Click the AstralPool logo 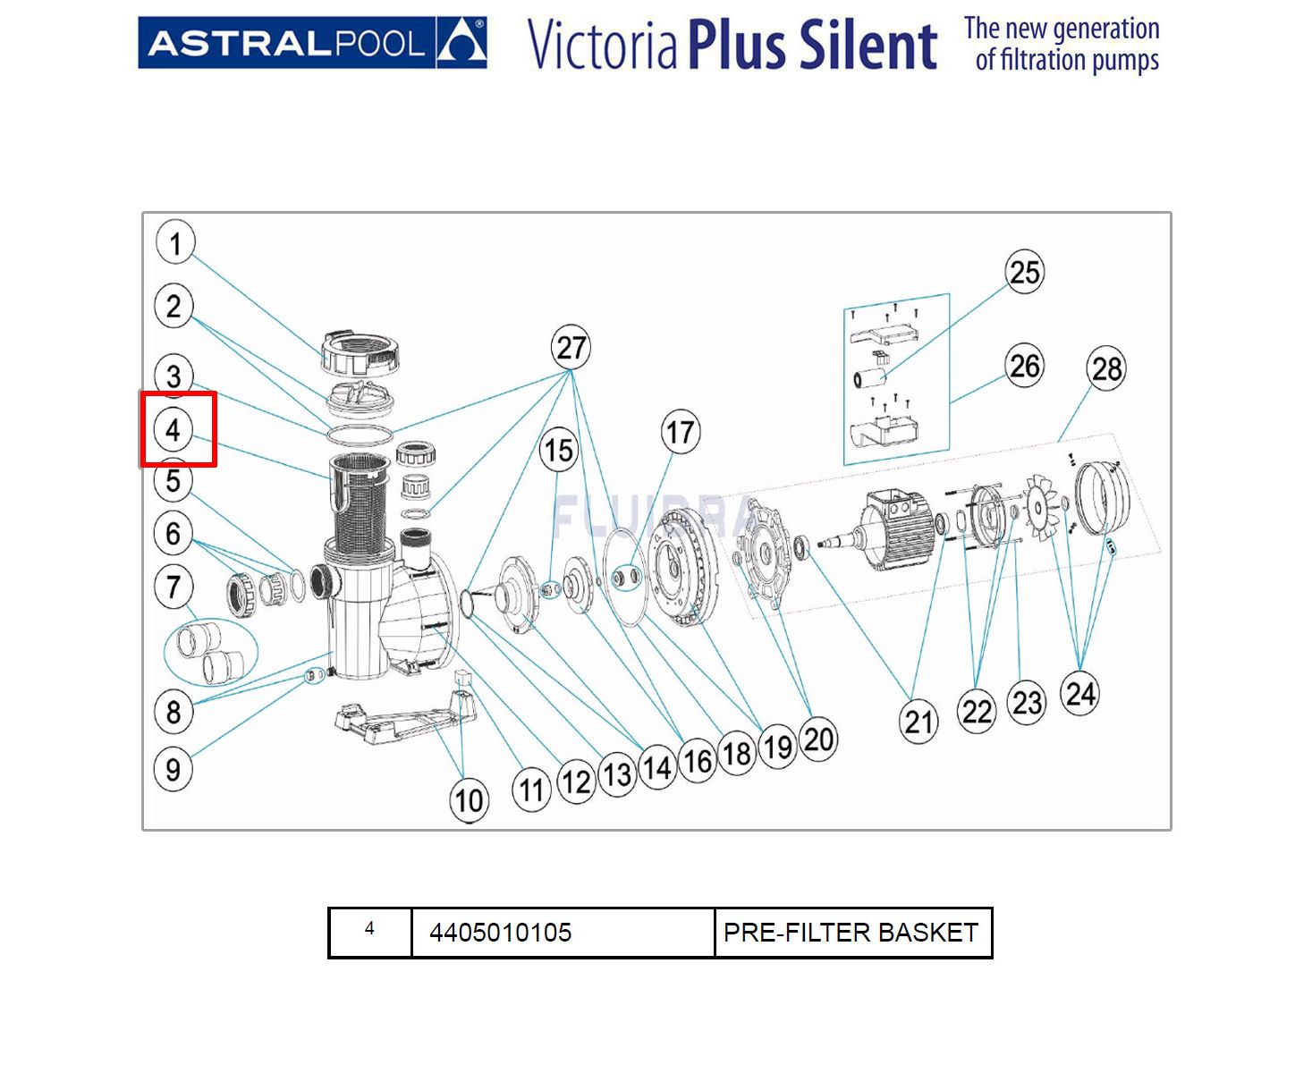pyautogui.click(x=312, y=42)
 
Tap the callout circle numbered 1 pyautogui.click(x=175, y=242)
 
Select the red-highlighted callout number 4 pyautogui.click(x=174, y=430)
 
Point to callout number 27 pyautogui.click(x=571, y=348)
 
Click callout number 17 pyautogui.click(x=680, y=433)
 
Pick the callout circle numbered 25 pyautogui.click(x=1024, y=272)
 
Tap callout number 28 pyautogui.click(x=1106, y=368)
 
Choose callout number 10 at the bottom pyautogui.click(x=470, y=800)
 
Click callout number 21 pyautogui.click(x=918, y=722)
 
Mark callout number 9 pyautogui.click(x=174, y=769)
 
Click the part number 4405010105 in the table pyautogui.click(x=500, y=933)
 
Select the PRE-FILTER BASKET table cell pyautogui.click(x=851, y=933)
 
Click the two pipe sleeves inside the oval pyautogui.click(x=210, y=650)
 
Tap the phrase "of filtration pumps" pyautogui.click(x=1066, y=61)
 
